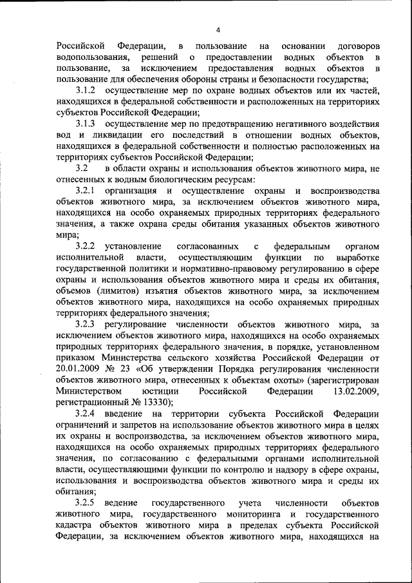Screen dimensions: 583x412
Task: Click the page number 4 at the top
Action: pyautogui.click(x=218, y=30)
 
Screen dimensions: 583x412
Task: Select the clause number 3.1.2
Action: pyautogui.click(x=86, y=91)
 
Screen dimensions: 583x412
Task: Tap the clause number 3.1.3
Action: pyautogui.click(x=86, y=123)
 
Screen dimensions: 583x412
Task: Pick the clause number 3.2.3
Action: pyautogui.click(x=86, y=324)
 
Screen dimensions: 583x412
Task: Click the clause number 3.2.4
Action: pyautogui.click(x=86, y=413)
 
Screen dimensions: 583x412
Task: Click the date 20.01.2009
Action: pyautogui.click(x=80, y=368)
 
